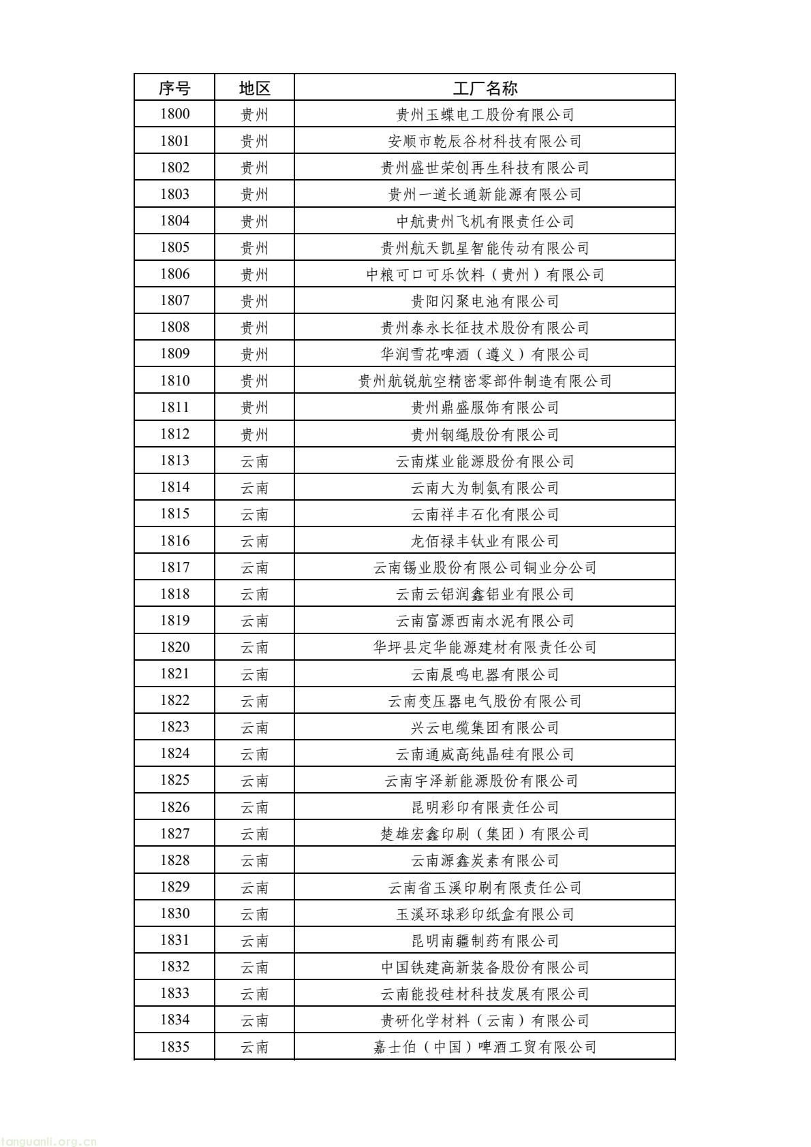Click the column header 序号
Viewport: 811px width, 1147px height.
tap(174, 88)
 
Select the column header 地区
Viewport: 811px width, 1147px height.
tap(254, 88)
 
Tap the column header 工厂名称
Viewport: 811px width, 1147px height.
tap(485, 88)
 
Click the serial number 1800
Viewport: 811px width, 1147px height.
tap(174, 114)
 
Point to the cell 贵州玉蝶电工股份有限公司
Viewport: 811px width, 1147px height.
tap(485, 114)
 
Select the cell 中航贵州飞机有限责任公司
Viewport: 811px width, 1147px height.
tap(485, 221)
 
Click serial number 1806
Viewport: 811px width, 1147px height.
tap(174, 274)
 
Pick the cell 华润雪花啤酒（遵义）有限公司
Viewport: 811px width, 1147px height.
tap(485, 354)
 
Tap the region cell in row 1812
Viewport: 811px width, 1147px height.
tap(254, 435)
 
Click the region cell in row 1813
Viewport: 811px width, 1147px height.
tap(254, 461)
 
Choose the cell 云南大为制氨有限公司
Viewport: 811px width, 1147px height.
tap(485, 488)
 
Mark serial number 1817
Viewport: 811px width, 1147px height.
tap(174, 567)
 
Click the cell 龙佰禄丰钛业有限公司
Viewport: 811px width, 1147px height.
tap(485, 541)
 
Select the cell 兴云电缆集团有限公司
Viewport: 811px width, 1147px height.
tap(485, 727)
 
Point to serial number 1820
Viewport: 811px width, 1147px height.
tap(174, 647)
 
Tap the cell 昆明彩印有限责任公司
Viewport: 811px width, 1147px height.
tap(485, 807)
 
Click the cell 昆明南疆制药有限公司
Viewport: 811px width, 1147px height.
tap(485, 941)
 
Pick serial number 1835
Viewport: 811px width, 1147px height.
tap(174, 1047)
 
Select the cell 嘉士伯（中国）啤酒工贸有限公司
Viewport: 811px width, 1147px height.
tap(485, 1047)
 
